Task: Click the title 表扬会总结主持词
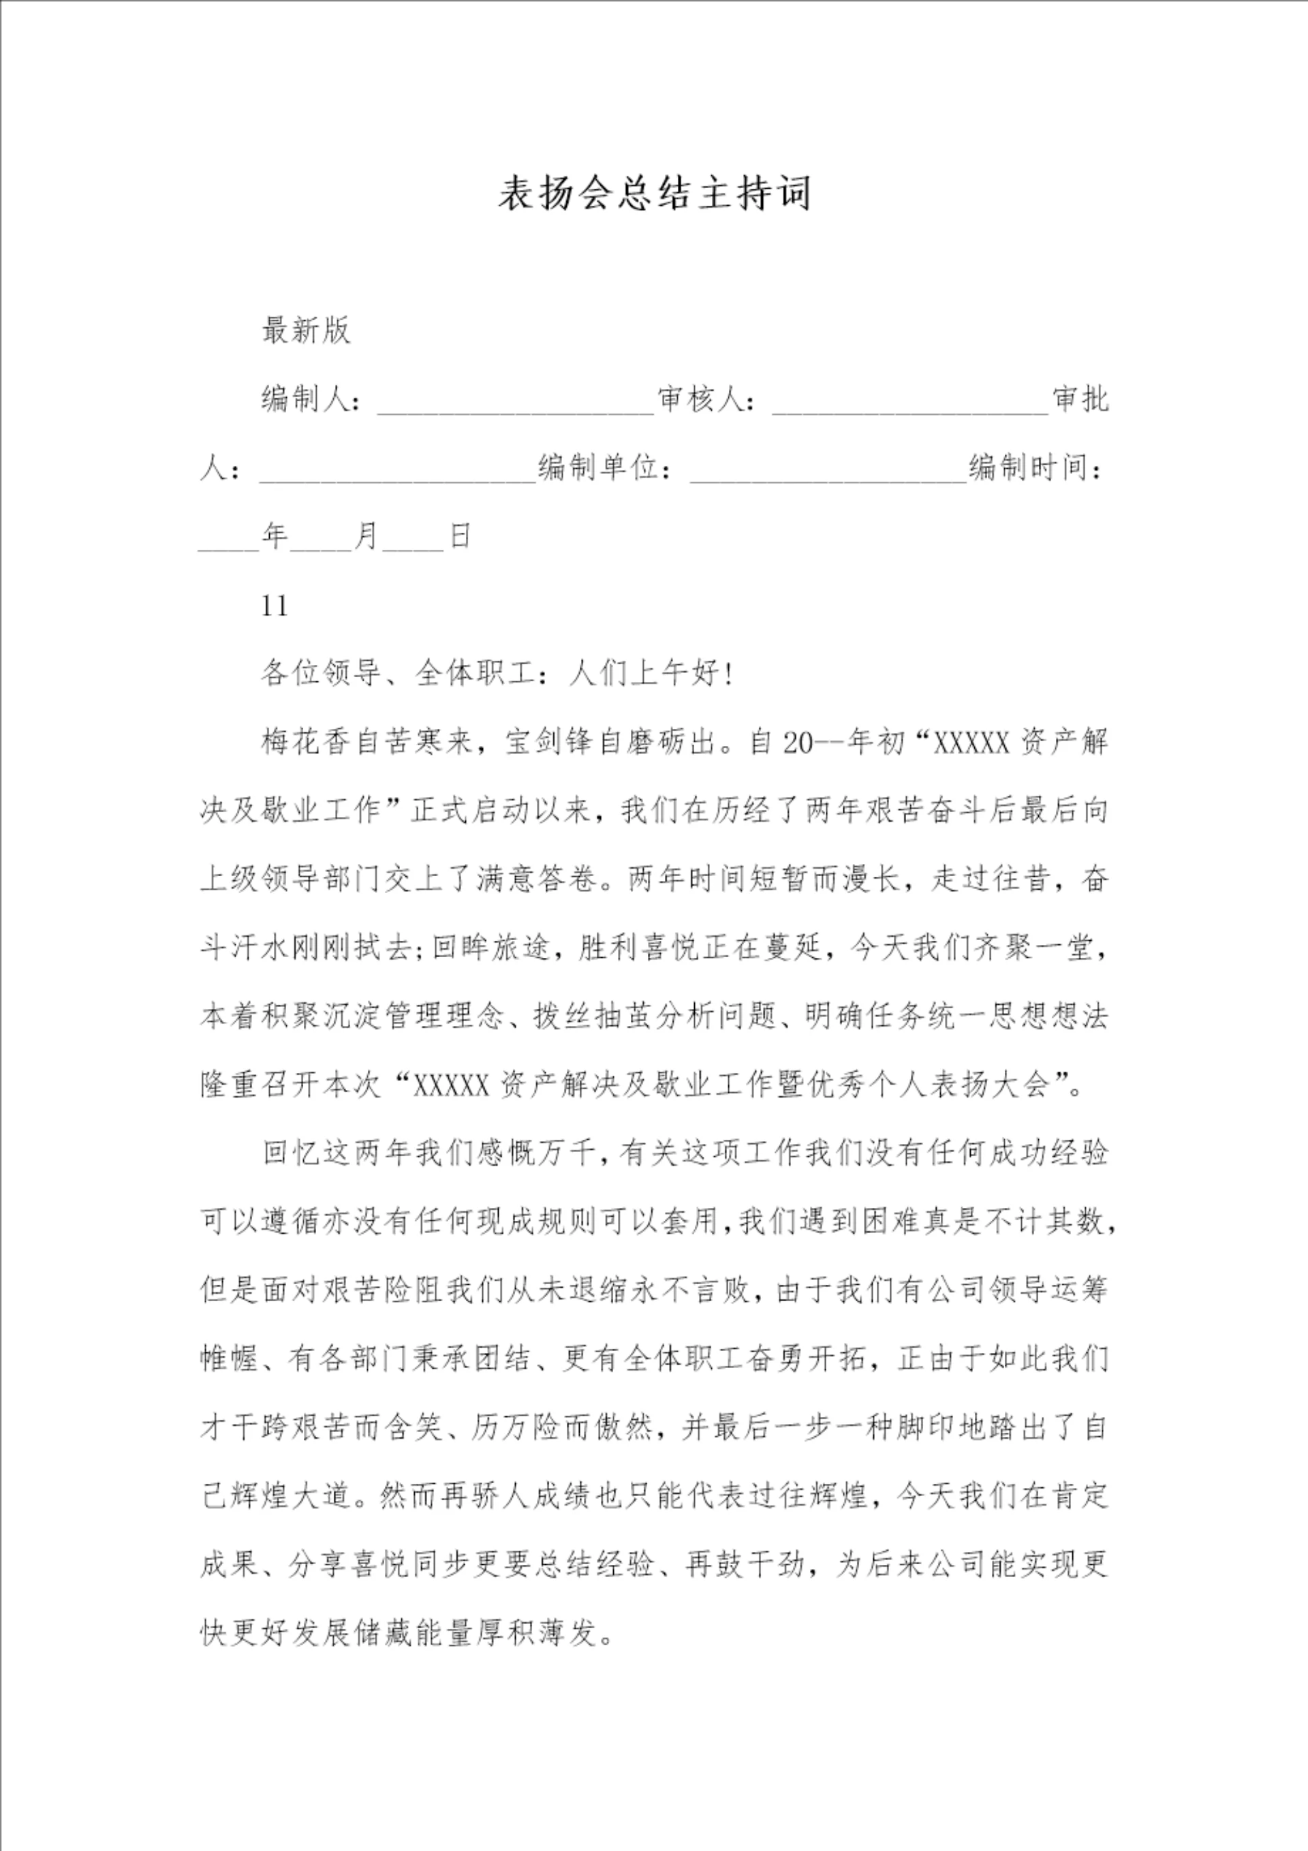(654, 194)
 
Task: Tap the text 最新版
(306, 330)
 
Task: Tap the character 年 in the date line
(275, 536)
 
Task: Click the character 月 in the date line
(367, 536)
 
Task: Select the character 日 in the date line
(460, 536)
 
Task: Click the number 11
(275, 606)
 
